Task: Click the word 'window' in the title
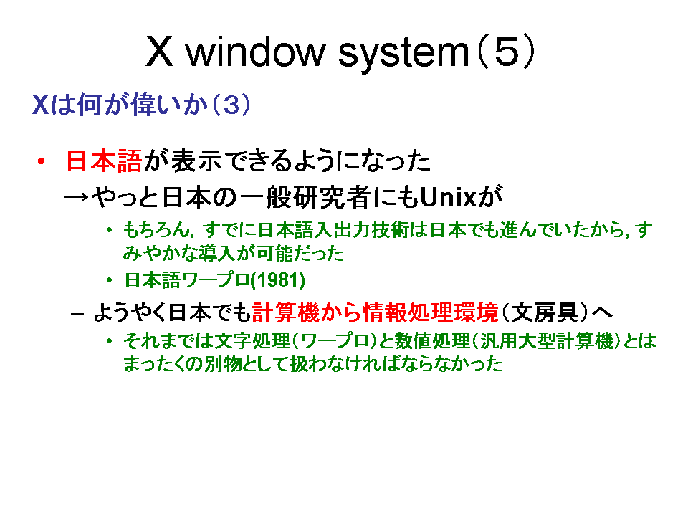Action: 255,52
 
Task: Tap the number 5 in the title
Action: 506,52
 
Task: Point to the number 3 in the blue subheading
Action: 231,105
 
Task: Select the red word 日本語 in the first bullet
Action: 104,161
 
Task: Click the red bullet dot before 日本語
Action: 42,161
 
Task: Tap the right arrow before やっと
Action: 76,198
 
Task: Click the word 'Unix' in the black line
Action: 448,198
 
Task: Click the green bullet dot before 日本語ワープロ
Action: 109,280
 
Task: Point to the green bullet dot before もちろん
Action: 109,229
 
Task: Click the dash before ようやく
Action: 77,314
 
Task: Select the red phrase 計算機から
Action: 306,312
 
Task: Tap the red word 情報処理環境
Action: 430,312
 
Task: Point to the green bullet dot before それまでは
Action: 109,340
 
